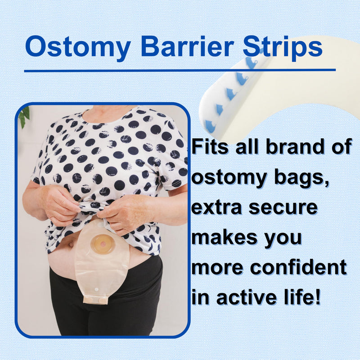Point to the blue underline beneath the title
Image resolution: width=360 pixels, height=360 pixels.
point(180,70)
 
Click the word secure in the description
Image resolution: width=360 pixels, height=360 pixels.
point(286,209)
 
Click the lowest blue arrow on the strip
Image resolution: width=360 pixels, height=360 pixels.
point(210,126)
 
